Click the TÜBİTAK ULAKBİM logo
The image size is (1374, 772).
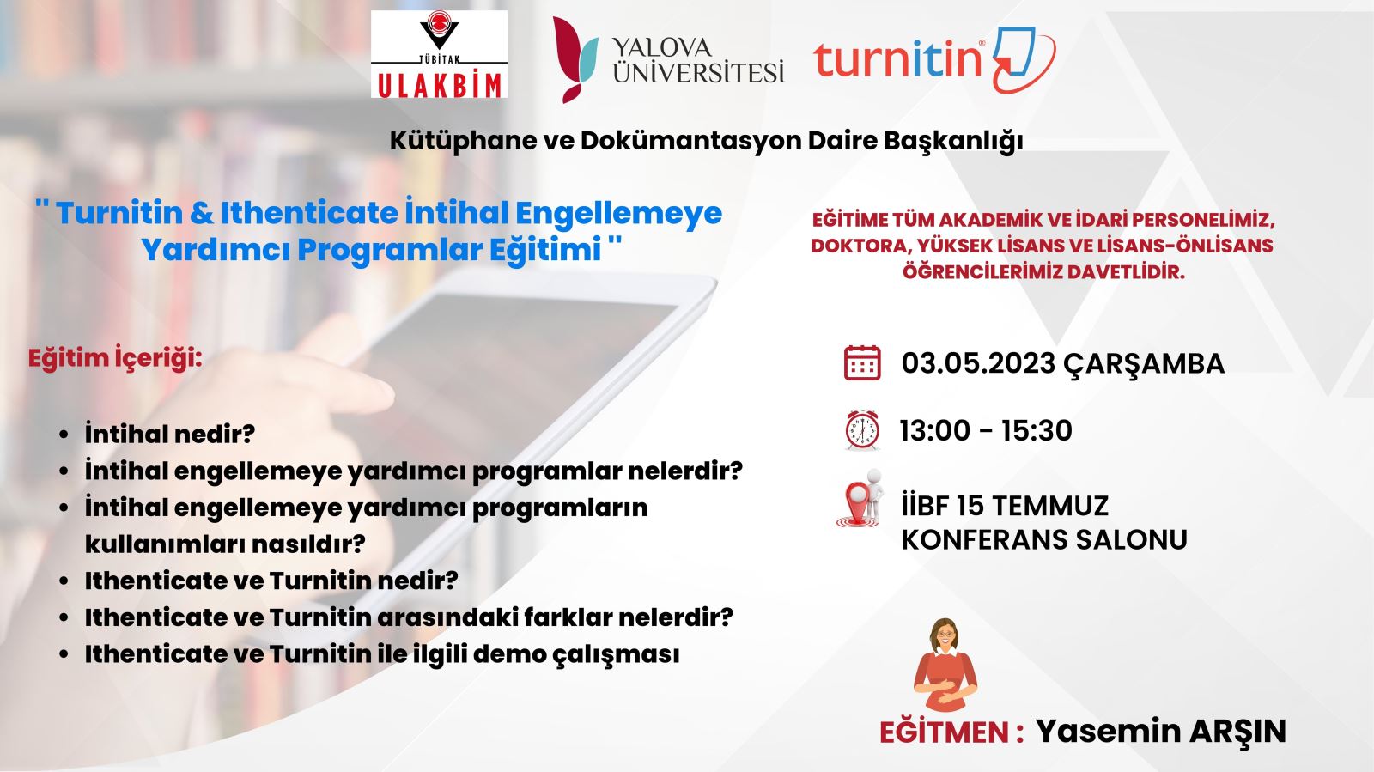tap(439, 54)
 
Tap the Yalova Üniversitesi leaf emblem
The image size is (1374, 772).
tap(575, 59)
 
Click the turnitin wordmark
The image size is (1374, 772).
tap(898, 58)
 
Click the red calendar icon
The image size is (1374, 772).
tap(862, 363)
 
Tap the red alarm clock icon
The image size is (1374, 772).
tap(862, 430)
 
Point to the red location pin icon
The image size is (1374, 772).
tap(860, 499)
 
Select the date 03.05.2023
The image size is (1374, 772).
tap(978, 363)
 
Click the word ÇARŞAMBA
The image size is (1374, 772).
tap(1144, 364)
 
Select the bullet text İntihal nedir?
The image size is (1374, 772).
tap(170, 434)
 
